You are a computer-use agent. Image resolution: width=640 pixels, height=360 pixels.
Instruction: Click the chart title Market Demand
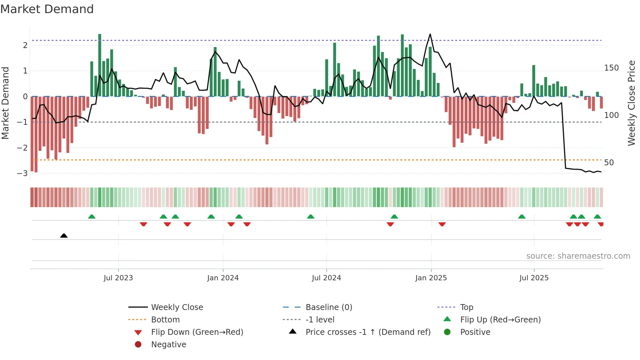tap(47, 9)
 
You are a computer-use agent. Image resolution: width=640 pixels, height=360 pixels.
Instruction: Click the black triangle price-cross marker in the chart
tap(64, 236)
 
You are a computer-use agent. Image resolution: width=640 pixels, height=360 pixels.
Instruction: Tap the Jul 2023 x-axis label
tap(118, 278)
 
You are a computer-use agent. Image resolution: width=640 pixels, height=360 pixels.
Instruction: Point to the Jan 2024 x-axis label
tap(223, 278)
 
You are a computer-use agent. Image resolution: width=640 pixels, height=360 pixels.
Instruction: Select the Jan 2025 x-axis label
tap(431, 278)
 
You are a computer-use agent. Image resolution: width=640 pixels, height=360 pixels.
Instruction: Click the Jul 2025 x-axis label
tap(534, 278)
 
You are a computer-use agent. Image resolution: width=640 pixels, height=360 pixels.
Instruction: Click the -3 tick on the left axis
tap(22, 173)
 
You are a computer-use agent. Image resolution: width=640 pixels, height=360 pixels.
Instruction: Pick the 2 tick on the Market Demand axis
tap(25, 45)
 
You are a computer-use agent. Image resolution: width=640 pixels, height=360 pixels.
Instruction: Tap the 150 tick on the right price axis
tap(611, 68)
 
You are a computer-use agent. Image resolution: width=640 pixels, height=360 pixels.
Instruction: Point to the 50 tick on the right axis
tap(609, 163)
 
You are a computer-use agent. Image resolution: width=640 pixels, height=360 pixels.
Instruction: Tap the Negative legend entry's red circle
tap(138, 345)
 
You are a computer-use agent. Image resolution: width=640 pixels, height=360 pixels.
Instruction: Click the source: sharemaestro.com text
tap(578, 256)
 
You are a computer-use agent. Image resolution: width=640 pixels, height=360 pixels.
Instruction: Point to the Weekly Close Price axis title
tap(632, 103)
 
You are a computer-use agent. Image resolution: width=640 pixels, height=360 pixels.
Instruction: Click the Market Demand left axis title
tap(5, 103)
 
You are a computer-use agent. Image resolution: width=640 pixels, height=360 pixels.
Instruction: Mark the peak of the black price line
tap(430, 34)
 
